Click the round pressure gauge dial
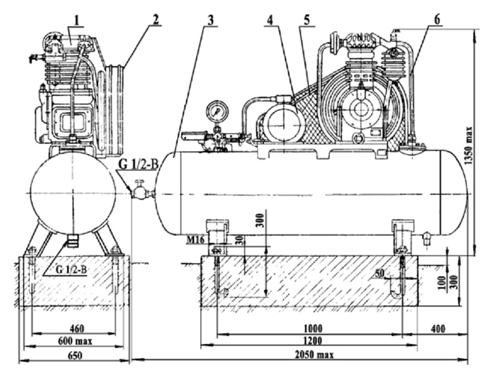coord(216,111)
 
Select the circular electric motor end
coord(280,125)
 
